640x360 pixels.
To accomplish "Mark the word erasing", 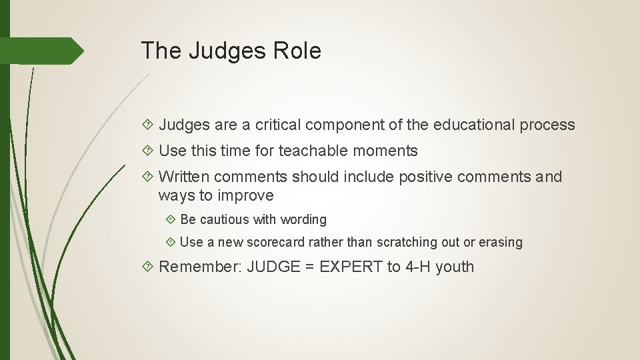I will pyautogui.click(x=499, y=243).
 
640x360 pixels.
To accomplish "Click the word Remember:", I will pyautogui.click(x=201, y=267).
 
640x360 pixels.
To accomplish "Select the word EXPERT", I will pyautogui.click(x=351, y=267).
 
